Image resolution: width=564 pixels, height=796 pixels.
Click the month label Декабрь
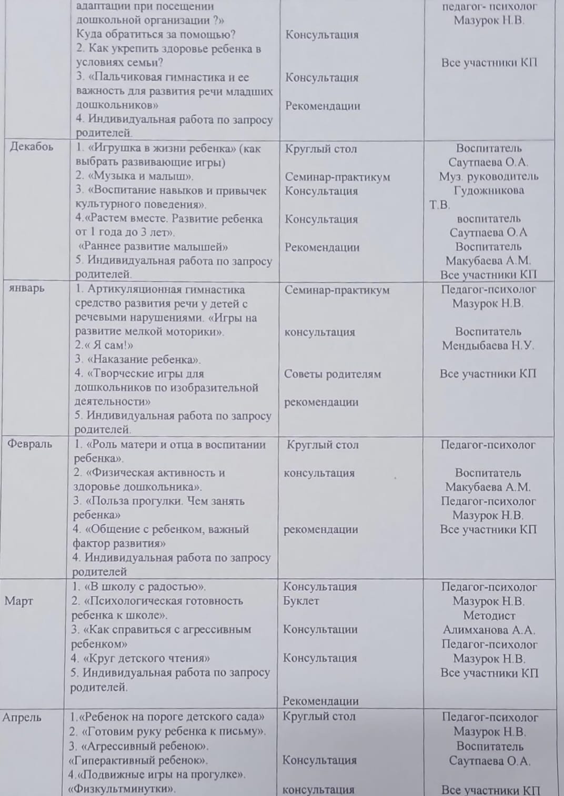click(32, 147)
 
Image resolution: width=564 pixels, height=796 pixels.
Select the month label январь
click(27, 288)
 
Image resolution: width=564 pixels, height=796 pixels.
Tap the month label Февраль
click(30, 444)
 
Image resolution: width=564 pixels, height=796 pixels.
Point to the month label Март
click(18, 601)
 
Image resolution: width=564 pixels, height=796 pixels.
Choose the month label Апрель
click(22, 717)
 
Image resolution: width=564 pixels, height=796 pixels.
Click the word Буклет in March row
click(301, 601)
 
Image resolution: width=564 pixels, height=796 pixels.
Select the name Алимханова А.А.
click(489, 630)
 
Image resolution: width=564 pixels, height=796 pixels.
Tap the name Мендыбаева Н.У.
click(488, 346)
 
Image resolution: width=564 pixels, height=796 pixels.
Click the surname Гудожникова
click(489, 191)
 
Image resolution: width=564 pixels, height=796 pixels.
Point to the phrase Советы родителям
click(333, 374)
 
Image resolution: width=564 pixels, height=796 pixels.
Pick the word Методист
click(489, 615)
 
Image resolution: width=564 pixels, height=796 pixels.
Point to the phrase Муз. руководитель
click(489, 176)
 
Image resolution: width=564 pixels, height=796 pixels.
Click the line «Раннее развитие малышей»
click(153, 247)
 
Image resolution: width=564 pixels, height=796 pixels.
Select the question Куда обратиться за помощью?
click(156, 35)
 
